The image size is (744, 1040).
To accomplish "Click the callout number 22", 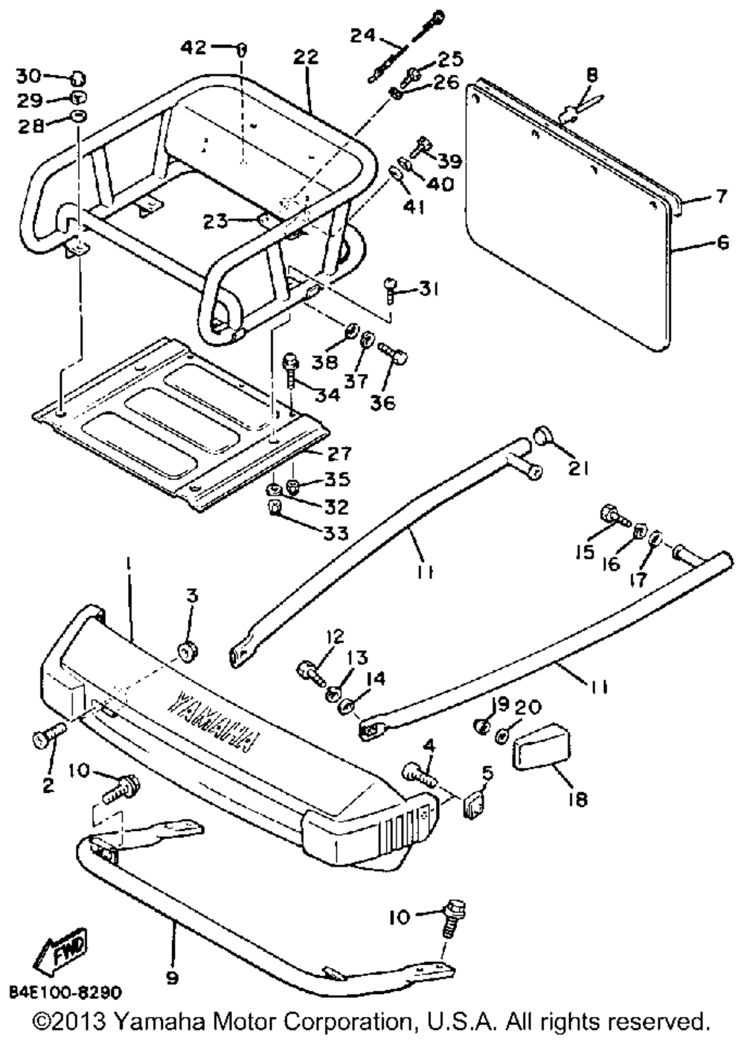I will click(305, 57).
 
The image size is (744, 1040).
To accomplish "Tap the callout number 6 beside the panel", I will click(722, 242).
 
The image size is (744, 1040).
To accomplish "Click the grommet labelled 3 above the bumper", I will click(187, 648).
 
